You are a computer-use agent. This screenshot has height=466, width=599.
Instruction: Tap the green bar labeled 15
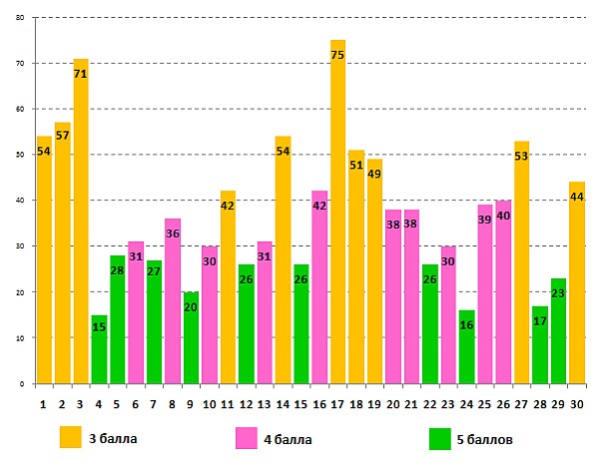(99, 349)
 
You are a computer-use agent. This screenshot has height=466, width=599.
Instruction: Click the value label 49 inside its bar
(374, 175)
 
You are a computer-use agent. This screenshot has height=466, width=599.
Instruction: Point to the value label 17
(540, 321)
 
